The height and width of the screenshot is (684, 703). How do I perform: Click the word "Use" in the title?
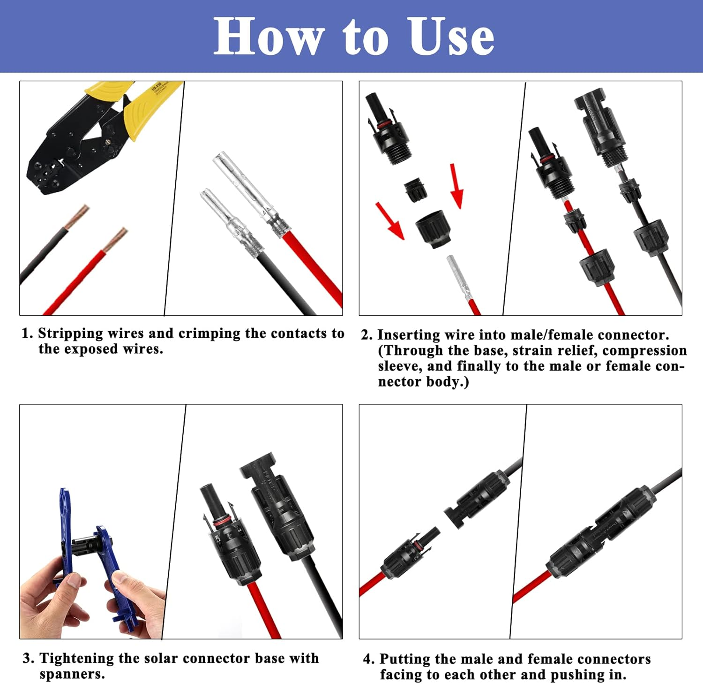[x=451, y=37]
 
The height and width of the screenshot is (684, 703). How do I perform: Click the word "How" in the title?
[x=269, y=37]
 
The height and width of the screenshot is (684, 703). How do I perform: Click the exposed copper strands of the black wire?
[x=77, y=217]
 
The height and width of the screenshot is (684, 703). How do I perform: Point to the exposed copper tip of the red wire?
[x=115, y=240]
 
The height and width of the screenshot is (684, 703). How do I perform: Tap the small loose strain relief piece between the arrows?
[x=415, y=190]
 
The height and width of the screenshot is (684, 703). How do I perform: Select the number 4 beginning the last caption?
[x=367, y=659]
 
